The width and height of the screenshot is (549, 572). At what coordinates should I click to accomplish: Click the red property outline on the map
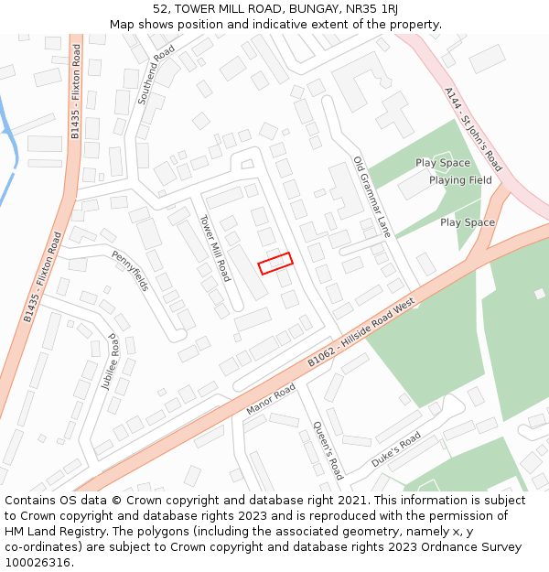(275, 264)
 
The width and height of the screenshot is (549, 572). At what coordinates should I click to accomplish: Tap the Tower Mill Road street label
(215, 248)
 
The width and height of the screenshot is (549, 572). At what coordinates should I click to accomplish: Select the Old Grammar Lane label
(371, 197)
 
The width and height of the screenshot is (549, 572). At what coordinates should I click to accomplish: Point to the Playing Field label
(460, 180)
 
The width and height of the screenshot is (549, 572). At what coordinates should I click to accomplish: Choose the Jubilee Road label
(112, 362)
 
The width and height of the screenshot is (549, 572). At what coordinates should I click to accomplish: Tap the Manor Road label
(270, 399)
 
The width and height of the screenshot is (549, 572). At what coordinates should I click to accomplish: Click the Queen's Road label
(328, 450)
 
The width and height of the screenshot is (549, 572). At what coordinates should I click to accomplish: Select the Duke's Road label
(396, 448)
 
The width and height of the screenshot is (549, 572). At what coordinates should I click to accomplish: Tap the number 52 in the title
(160, 8)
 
